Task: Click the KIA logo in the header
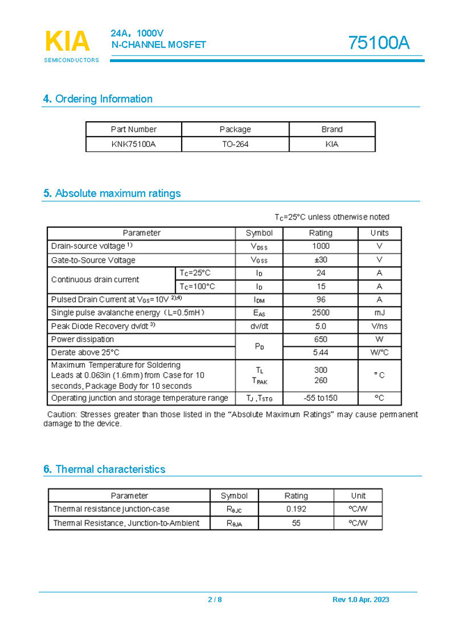tap(68, 43)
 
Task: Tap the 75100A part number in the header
tap(379, 43)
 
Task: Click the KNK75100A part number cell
tap(134, 144)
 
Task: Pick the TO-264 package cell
tap(235, 144)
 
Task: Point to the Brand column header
tap(332, 129)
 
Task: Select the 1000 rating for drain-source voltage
tap(320, 246)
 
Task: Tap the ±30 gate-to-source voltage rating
tap(320, 260)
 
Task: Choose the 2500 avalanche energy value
tap(320, 313)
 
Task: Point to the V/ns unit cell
tap(380, 326)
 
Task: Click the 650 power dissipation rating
tap(320, 339)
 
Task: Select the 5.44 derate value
tap(320, 353)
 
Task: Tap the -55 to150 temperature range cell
tap(320, 398)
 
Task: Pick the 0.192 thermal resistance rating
tap(296, 509)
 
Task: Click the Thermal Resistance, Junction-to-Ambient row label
tap(126, 523)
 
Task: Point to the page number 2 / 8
tap(215, 600)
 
